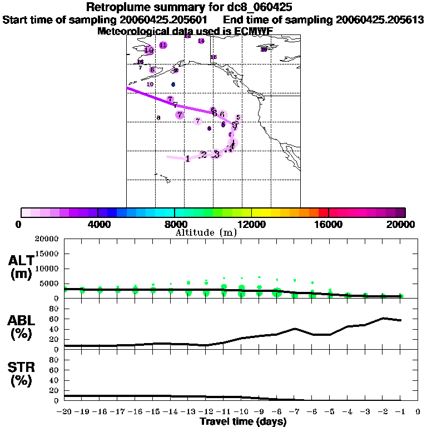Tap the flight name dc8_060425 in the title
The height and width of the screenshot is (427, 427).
(x=261, y=7)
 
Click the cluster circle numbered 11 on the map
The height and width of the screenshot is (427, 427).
(x=163, y=45)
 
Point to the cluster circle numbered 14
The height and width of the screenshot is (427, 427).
(x=201, y=41)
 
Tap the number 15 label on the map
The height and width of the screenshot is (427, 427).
(x=213, y=57)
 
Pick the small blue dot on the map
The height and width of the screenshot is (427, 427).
(x=173, y=85)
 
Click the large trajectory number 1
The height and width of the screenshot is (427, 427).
(x=188, y=158)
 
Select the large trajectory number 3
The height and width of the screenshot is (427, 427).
(x=216, y=153)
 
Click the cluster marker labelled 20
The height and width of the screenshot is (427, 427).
(x=264, y=49)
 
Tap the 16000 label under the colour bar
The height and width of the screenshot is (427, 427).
(x=329, y=225)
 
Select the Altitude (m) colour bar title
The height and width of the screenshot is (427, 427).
(x=206, y=232)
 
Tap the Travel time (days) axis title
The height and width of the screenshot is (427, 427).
(x=243, y=422)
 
